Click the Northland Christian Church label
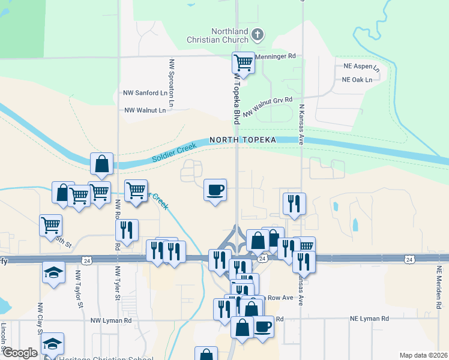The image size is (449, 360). [x=229, y=35]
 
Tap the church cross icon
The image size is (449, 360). [x=258, y=34]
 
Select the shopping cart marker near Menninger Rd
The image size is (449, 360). [x=244, y=62]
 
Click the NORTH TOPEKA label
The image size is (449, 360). [x=243, y=140]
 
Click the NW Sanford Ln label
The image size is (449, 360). [x=145, y=93]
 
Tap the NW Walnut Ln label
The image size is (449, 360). [x=145, y=110]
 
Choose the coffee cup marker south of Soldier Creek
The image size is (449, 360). [x=215, y=191]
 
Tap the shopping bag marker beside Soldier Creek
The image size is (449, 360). [x=102, y=164]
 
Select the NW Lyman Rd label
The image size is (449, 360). [x=111, y=320]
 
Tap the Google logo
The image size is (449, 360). [x=20, y=353]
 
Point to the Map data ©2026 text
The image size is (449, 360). [x=423, y=355]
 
